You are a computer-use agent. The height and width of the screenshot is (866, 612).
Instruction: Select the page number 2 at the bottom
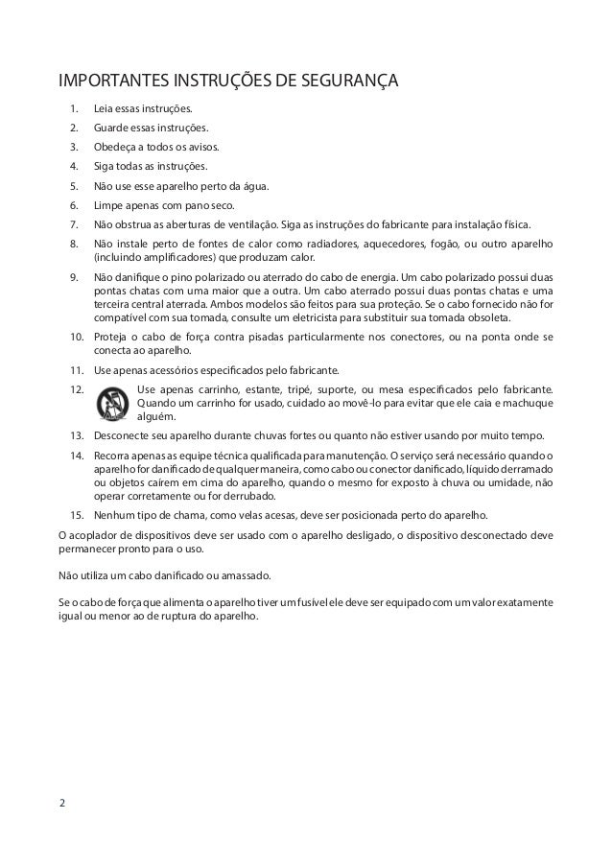63,803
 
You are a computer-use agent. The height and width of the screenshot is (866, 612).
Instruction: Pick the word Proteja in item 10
110,338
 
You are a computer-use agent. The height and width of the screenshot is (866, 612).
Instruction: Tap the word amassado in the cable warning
247,575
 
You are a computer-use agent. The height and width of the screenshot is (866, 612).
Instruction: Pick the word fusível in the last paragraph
298,601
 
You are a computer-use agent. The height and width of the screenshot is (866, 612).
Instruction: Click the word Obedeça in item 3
115,148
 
